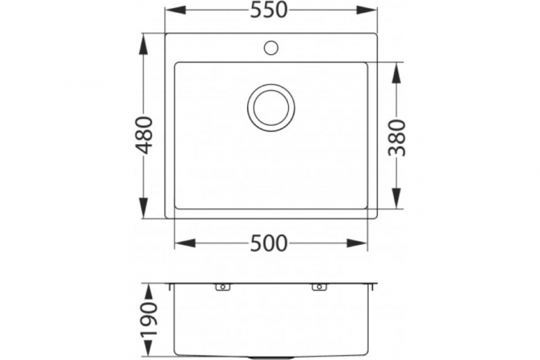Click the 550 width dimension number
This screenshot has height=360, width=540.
pyautogui.click(x=271, y=10)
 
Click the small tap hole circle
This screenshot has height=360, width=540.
pyautogui.click(x=271, y=49)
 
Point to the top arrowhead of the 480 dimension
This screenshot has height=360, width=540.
pyautogui.click(x=145, y=41)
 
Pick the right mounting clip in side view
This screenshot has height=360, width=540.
pyautogui.click(x=318, y=288)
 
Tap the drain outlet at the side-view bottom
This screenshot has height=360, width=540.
pyautogui.click(x=271, y=356)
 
